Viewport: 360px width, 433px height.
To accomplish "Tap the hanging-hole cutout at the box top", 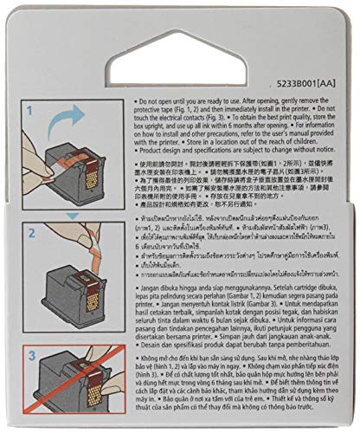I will click(179, 45).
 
